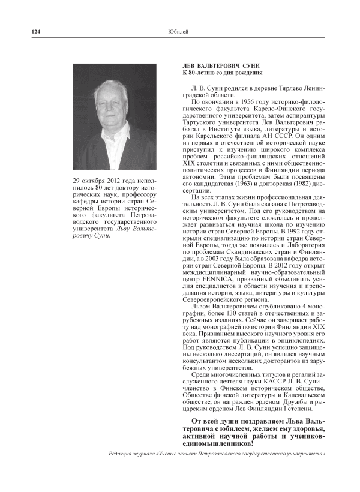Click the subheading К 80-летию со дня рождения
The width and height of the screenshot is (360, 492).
pos(222,73)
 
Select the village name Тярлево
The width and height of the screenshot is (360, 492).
pos(282,88)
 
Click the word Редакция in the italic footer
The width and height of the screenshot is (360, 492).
pos(121,454)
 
